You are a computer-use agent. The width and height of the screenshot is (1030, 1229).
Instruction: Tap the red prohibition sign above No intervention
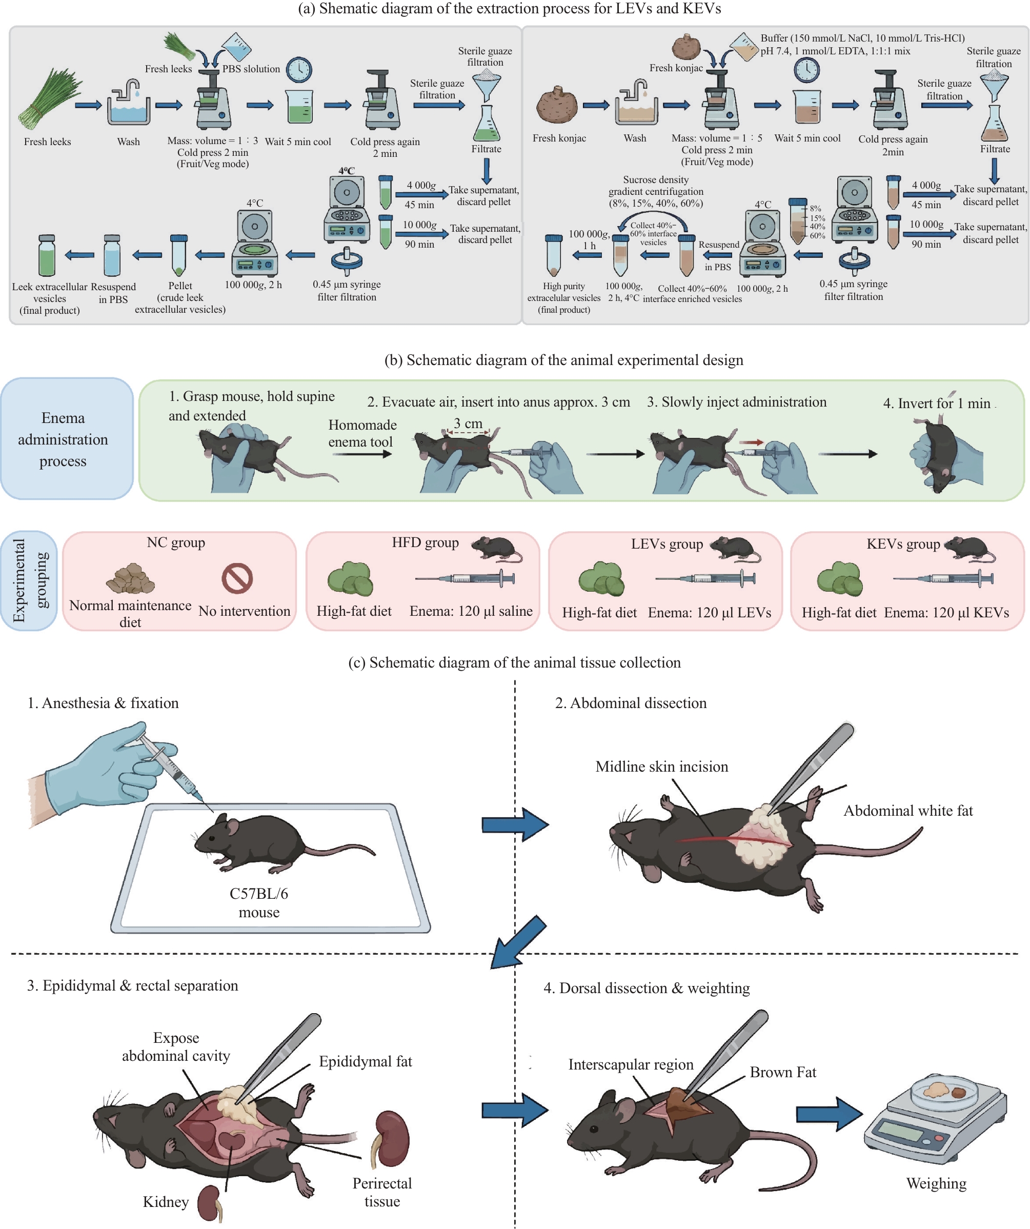[237, 578]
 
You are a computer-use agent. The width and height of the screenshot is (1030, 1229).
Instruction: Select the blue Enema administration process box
[67, 438]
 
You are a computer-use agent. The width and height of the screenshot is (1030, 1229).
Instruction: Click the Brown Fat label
[782, 1072]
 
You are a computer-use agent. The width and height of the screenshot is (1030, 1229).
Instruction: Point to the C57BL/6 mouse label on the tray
[259, 903]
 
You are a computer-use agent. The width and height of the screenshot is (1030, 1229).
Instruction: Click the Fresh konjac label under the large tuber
[559, 138]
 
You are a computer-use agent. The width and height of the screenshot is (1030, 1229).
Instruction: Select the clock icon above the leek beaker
[298, 70]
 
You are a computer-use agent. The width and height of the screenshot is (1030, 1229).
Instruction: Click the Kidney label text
[166, 1201]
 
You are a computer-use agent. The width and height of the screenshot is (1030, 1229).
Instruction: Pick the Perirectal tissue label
[382, 1192]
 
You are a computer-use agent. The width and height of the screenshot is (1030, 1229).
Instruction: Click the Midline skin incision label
[661, 767]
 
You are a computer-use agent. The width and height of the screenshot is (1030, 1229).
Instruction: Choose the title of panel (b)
[563, 360]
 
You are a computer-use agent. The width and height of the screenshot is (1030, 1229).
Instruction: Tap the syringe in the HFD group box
[464, 579]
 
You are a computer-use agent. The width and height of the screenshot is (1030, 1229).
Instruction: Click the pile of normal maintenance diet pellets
[131, 578]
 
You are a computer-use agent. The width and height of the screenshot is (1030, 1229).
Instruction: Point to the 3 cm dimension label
[468, 423]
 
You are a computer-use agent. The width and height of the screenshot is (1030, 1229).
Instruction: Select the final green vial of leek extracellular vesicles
[47, 255]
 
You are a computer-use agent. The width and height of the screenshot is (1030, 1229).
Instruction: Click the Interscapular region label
[631, 1064]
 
